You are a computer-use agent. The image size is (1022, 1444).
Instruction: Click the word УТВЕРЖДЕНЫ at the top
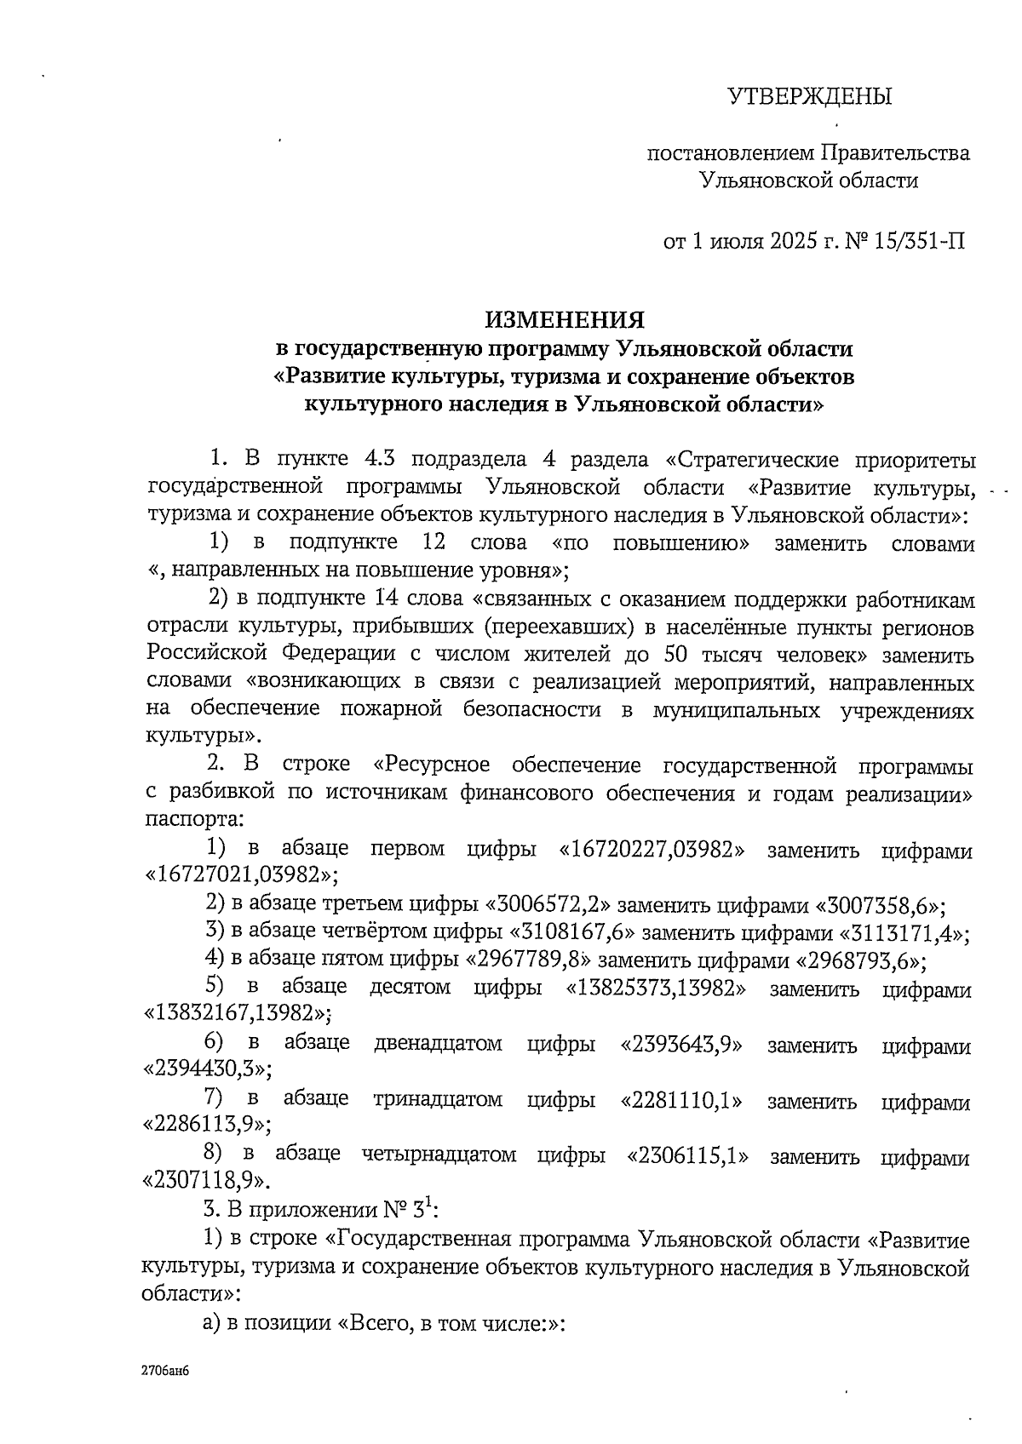[809, 96]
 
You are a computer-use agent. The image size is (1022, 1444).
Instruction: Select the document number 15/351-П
[916, 241]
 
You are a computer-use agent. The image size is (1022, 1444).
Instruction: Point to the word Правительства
[895, 153]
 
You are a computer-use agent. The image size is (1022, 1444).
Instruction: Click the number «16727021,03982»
[241, 874]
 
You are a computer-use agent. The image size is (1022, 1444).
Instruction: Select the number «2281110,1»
[681, 1101]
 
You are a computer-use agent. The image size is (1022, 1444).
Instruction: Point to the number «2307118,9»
[208, 1180]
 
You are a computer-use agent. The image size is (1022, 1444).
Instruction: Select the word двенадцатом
[438, 1045]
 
